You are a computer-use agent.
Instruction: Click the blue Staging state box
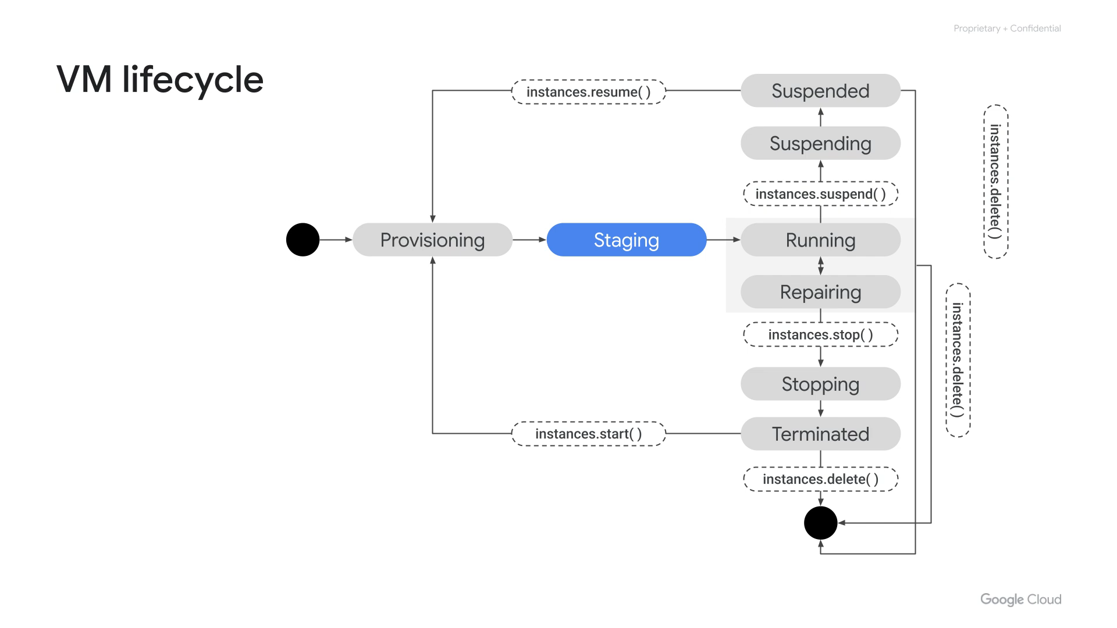pos(626,240)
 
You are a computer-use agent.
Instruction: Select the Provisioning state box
pos(432,240)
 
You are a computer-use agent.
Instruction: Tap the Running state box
pos(820,240)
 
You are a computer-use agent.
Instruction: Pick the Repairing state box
pos(820,292)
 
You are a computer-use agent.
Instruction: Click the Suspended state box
pos(820,91)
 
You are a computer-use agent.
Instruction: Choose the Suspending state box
pos(820,143)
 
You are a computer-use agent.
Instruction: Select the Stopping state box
pos(820,384)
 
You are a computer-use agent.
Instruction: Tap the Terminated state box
pos(820,434)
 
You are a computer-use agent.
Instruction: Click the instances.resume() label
pos(588,92)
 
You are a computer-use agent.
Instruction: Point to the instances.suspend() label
pos(820,194)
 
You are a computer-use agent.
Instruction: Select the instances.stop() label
pos(820,334)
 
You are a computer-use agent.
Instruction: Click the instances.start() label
pos(588,434)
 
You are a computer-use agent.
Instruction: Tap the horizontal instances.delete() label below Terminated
pos(820,479)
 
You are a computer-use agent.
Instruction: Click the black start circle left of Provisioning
pos(303,240)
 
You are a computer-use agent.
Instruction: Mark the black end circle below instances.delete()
pos(820,523)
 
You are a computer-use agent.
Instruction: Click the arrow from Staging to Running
pos(723,240)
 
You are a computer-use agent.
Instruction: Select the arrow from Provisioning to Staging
pos(529,240)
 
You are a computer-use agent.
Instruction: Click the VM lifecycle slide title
pos(160,79)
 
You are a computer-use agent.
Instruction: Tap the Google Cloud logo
pos(1020,600)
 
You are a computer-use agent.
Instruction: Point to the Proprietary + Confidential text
pos(1007,28)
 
